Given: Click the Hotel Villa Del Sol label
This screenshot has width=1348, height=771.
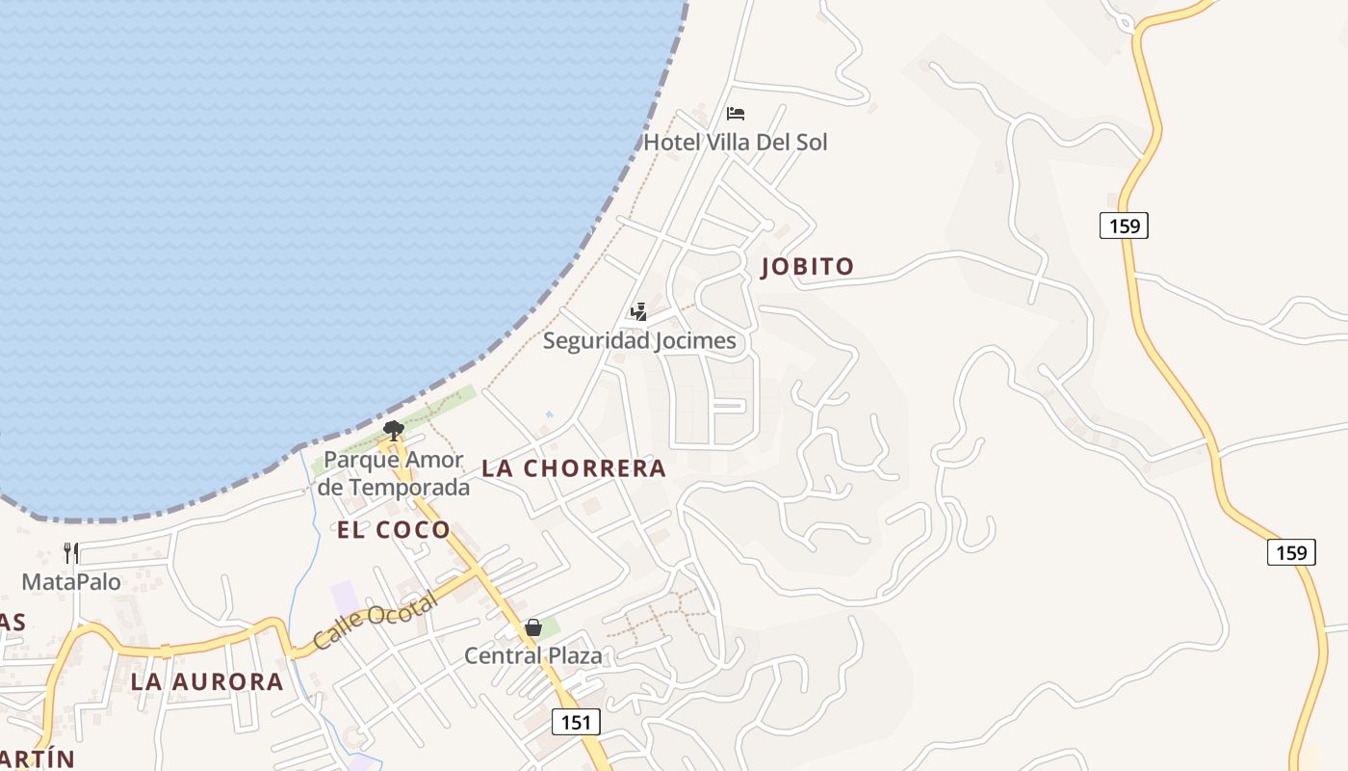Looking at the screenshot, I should coord(735,143).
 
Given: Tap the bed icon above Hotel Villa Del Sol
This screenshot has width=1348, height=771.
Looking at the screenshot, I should coord(736,114).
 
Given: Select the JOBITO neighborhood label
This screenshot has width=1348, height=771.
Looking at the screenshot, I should coord(807,267).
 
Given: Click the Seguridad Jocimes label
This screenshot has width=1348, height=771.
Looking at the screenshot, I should coord(639,340).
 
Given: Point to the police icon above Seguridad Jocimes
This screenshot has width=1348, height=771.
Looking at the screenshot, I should coord(637,311).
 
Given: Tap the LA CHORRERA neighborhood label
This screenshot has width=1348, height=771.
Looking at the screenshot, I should coord(574,468).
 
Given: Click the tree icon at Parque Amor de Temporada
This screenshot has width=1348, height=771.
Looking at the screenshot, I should coord(392,430).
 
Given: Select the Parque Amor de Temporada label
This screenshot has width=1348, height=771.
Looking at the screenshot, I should coord(394,473).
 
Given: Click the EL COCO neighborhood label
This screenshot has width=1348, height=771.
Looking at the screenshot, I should coord(394,529).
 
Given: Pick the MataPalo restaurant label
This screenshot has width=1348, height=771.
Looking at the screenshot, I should coord(71,582).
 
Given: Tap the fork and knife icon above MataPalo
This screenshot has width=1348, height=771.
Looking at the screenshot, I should coord(71,552).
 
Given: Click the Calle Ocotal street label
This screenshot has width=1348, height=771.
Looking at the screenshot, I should coord(375,620).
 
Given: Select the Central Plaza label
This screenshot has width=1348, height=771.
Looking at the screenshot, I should coord(533,656).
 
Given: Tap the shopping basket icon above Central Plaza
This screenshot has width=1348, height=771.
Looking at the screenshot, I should coord(533,627).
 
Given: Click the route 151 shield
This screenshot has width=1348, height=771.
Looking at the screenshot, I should coord(576,721).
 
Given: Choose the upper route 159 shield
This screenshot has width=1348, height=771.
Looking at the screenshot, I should coord(1124,226).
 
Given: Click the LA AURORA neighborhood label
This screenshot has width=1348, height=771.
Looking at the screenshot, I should coord(207,682).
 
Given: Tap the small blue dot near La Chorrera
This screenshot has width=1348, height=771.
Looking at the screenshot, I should coord(549,414).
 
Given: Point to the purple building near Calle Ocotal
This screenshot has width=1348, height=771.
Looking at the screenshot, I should coord(344,596).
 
